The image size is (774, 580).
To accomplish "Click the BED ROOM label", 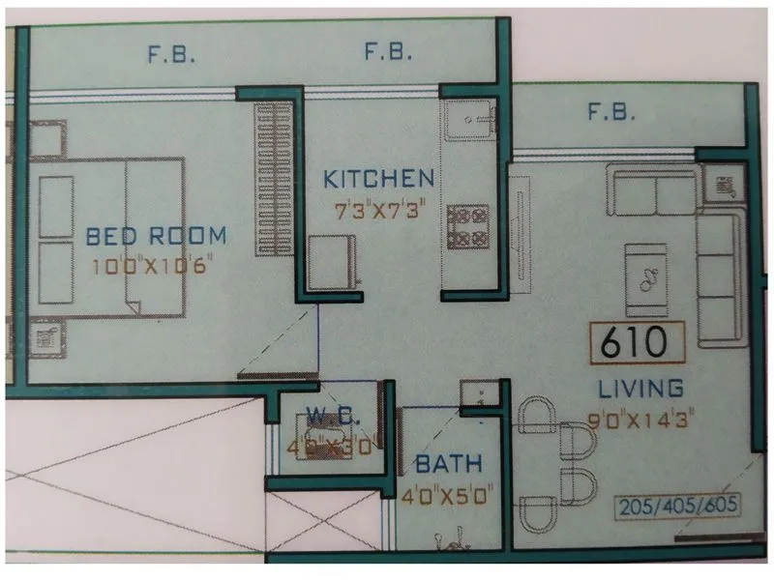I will coord(156,235).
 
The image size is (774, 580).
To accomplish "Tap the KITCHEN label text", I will coord(378,179).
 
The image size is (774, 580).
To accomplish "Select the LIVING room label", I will coord(640,389).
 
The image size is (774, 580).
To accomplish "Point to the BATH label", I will coord(450,464).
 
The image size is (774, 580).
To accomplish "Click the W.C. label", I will coord(322,418).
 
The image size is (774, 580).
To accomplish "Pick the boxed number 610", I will coord(637,341).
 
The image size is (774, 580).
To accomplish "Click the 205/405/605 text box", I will coord(677,507).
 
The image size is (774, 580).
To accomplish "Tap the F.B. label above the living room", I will coord(611,113).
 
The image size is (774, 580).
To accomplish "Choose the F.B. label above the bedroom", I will coord(171,55).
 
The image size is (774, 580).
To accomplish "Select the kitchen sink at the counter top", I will coord(470,121).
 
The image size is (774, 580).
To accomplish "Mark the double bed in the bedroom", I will coord(106,237).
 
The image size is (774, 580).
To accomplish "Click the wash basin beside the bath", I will coord(478,394).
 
